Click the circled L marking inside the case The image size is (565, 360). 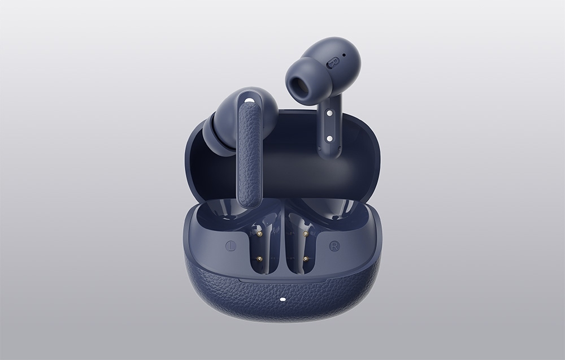pyautogui.click(x=231, y=246)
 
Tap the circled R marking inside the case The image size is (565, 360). pyautogui.click(x=334, y=246)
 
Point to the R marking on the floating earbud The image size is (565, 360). pyautogui.click(x=333, y=63)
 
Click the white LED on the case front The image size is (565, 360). pyautogui.click(x=282, y=298)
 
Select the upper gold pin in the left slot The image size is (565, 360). pyautogui.click(x=259, y=235)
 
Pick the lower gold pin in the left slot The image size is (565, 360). pyautogui.click(x=259, y=259)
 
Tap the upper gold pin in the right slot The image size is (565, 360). pyautogui.click(x=306, y=234)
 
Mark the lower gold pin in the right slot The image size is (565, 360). pyautogui.click(x=306, y=259)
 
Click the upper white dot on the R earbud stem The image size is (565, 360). pyautogui.click(x=329, y=113)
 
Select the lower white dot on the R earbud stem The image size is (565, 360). pyautogui.click(x=329, y=138)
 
